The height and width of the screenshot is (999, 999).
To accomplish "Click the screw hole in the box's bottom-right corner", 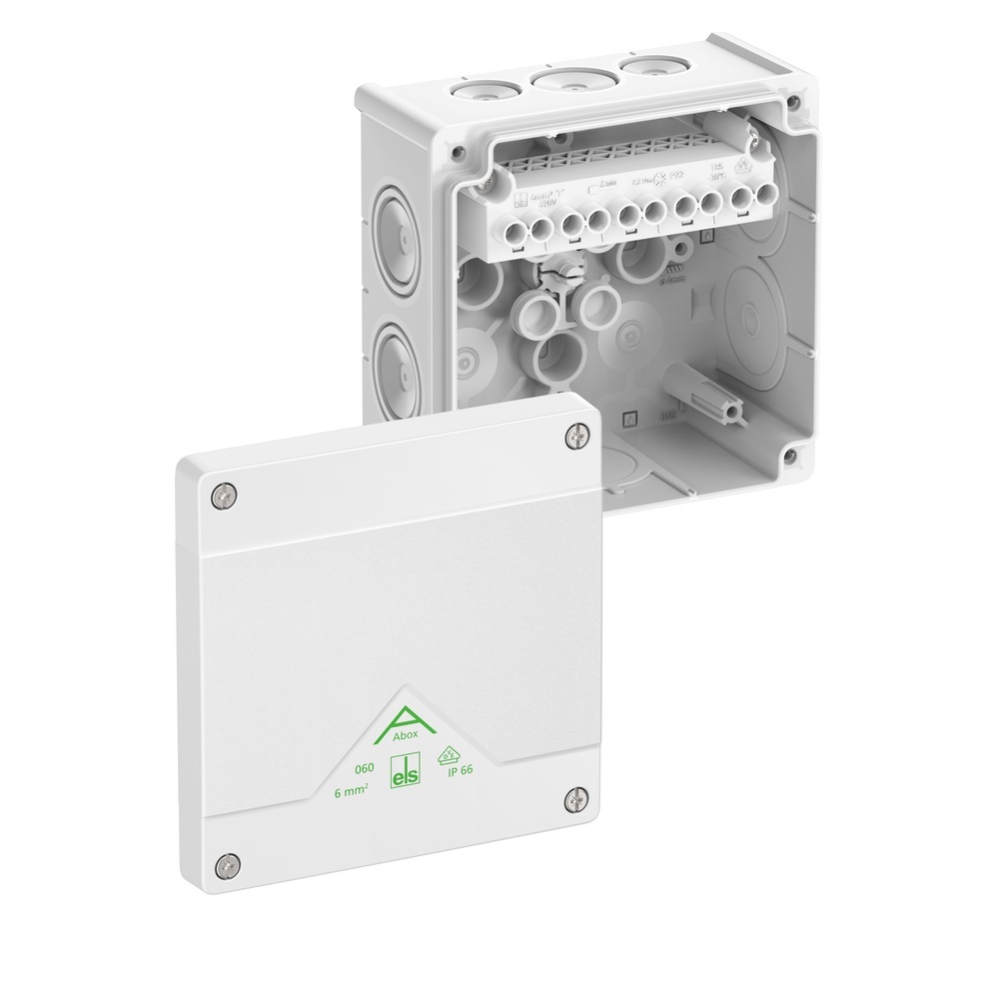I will coord(790,456).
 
